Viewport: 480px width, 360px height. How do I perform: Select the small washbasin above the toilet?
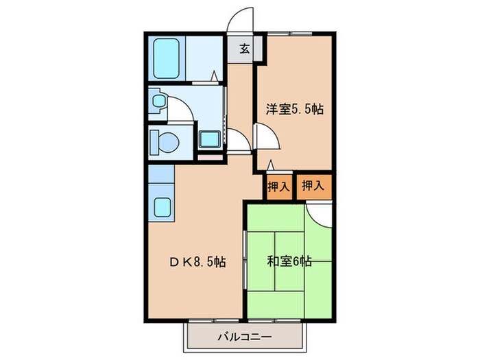[158, 101]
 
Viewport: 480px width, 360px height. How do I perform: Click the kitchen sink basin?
[163, 207]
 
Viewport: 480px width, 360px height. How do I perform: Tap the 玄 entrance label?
[245, 49]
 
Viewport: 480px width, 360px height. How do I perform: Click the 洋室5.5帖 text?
[295, 108]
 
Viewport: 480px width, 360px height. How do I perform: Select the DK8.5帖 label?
[198, 261]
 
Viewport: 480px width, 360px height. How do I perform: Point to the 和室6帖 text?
[289, 261]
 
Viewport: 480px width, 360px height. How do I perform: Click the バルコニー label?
[245, 337]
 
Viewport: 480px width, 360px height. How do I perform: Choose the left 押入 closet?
[277, 185]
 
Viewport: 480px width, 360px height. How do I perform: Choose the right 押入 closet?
[313, 185]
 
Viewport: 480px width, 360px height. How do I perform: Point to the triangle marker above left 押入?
[271, 165]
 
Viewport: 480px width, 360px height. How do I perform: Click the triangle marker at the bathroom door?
[215, 75]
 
